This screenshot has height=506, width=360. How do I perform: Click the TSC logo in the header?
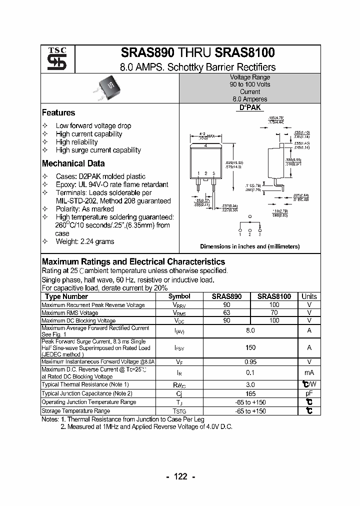pos(53,59)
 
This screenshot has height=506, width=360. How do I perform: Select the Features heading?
pos(58,113)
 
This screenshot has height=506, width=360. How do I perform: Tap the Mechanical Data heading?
pos(73,163)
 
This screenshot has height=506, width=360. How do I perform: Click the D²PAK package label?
pos(250,107)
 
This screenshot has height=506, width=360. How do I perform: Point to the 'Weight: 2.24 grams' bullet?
pos(84,241)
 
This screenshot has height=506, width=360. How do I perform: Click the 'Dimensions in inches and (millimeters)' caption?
pos(249,246)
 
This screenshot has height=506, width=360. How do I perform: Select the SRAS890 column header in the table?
pos(226,296)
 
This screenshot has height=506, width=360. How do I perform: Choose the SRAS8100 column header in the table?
pos(274,296)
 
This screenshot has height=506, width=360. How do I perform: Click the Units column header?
pos(309,296)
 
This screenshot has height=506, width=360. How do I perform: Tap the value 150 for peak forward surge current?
pos(250,347)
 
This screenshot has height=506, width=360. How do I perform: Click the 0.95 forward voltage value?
pos(250,361)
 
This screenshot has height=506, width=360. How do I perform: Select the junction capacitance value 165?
pos(250,393)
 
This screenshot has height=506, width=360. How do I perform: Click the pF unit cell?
pos(309,393)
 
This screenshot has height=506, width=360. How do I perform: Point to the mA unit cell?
pos(309,372)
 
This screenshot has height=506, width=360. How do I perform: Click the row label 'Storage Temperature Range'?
pos(76,411)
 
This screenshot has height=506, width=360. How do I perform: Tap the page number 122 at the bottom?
pos(180,476)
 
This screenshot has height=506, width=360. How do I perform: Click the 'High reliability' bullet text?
pos(76,142)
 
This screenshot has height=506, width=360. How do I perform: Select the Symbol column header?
pos(179,296)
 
